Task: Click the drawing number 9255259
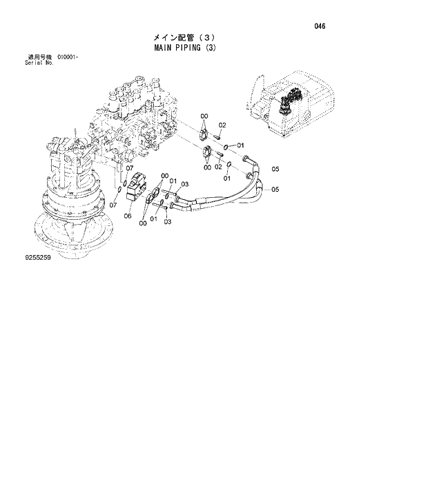pyautogui.click(x=21, y=258)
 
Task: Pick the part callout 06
pyautogui.click(x=128, y=216)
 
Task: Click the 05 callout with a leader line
pyautogui.click(x=275, y=190)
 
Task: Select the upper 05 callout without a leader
pyautogui.click(x=275, y=170)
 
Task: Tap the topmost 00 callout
pyautogui.click(x=204, y=115)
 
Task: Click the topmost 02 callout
pyautogui.click(x=222, y=125)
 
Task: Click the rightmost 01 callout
pyautogui.click(x=240, y=145)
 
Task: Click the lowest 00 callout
pyautogui.click(x=142, y=223)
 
